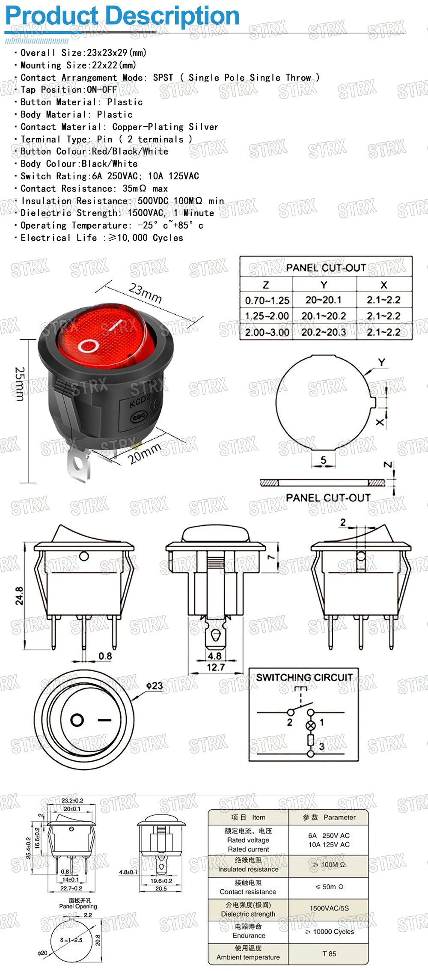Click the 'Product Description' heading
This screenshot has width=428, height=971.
[122, 16]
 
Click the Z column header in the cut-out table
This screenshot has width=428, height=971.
[266, 285]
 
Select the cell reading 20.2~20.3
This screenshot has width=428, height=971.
[324, 332]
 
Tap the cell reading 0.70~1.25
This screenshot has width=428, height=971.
[267, 301]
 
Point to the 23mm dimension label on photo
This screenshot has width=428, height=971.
[146, 293]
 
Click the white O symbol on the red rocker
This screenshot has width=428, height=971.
[89, 346]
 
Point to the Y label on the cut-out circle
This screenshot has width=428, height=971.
[381, 362]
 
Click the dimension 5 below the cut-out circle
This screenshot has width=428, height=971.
[323, 460]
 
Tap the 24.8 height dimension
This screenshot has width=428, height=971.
[19, 596]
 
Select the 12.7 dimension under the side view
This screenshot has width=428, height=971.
[215, 667]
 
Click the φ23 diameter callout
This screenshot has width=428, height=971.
[154, 685]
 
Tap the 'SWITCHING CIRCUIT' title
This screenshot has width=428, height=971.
[304, 677]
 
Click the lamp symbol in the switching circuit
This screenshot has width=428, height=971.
[311, 725]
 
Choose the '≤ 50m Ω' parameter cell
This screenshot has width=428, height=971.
[329, 887]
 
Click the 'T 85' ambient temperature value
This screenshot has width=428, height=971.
[329, 953]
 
